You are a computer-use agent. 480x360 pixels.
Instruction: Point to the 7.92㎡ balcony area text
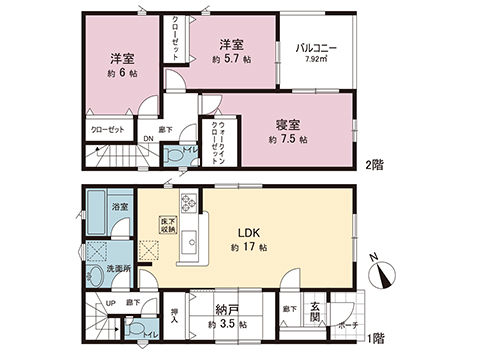point(315,61)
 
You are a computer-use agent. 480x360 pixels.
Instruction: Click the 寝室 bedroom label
point(289,125)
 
